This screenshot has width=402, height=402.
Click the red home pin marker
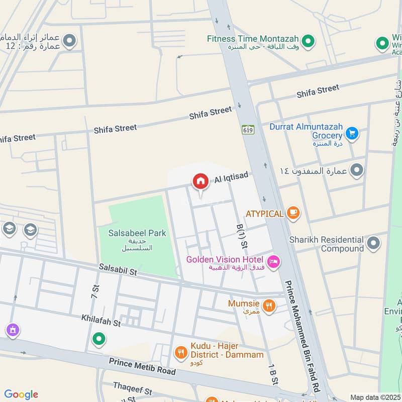click(x=200, y=181)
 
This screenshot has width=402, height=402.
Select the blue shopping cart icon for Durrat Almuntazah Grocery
click(x=352, y=133)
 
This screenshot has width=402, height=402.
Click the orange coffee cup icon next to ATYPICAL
click(x=293, y=213)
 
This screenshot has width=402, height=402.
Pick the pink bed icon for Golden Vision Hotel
click(x=274, y=262)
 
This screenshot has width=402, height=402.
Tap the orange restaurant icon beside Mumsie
click(x=269, y=305)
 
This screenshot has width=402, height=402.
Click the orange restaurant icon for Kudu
click(x=180, y=353)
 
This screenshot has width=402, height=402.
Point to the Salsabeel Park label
click(x=133, y=234)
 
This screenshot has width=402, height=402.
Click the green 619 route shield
click(x=248, y=130)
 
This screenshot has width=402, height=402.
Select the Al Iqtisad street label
click(x=232, y=178)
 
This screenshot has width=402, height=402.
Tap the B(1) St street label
click(x=242, y=236)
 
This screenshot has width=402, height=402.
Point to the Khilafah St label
click(x=101, y=321)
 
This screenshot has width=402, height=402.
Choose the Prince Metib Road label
click(x=142, y=366)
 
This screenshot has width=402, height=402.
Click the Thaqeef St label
click(x=133, y=391)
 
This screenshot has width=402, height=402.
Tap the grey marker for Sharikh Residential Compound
click(x=373, y=244)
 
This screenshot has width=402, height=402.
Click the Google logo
click(x=21, y=394)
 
